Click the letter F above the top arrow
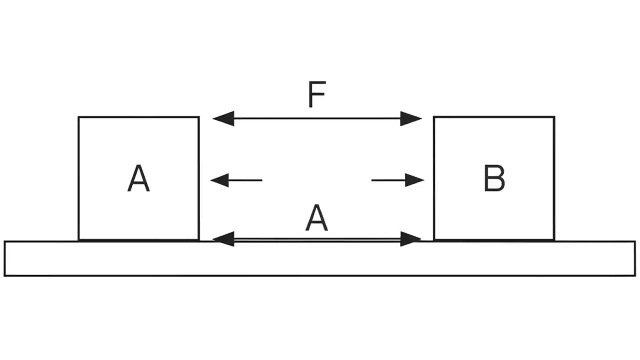pyautogui.click(x=317, y=95)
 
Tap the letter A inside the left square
pyautogui.click(x=138, y=179)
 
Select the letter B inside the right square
pyautogui.click(x=494, y=178)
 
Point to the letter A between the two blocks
pyautogui.click(x=316, y=219)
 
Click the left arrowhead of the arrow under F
pyautogui.click(x=223, y=118)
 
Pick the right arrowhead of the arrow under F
pyautogui.click(x=411, y=118)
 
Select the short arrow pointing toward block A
pyautogui.click(x=236, y=179)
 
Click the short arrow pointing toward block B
pyautogui.click(x=397, y=179)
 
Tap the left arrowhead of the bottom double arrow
pyautogui.click(x=223, y=239)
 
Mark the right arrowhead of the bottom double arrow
pyautogui.click(x=411, y=239)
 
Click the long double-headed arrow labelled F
pyautogui.click(x=317, y=118)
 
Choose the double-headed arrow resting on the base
pyautogui.click(x=317, y=239)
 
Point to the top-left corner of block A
pyautogui.click(x=78, y=117)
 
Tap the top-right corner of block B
pyautogui.click(x=554, y=117)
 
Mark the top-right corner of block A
pyautogui.click(x=198, y=117)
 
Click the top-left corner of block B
pyautogui.click(x=434, y=117)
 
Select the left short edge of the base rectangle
pyautogui.click(x=4, y=258)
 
